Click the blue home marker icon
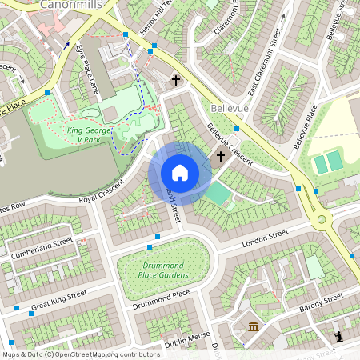point(179,173)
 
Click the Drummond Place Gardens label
point(166,270)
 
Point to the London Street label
point(266,236)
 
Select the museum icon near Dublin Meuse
point(254,326)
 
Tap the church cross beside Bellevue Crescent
point(220,157)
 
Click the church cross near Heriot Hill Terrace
point(176,81)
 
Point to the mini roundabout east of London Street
point(322,219)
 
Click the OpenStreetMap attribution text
point(80,354)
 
